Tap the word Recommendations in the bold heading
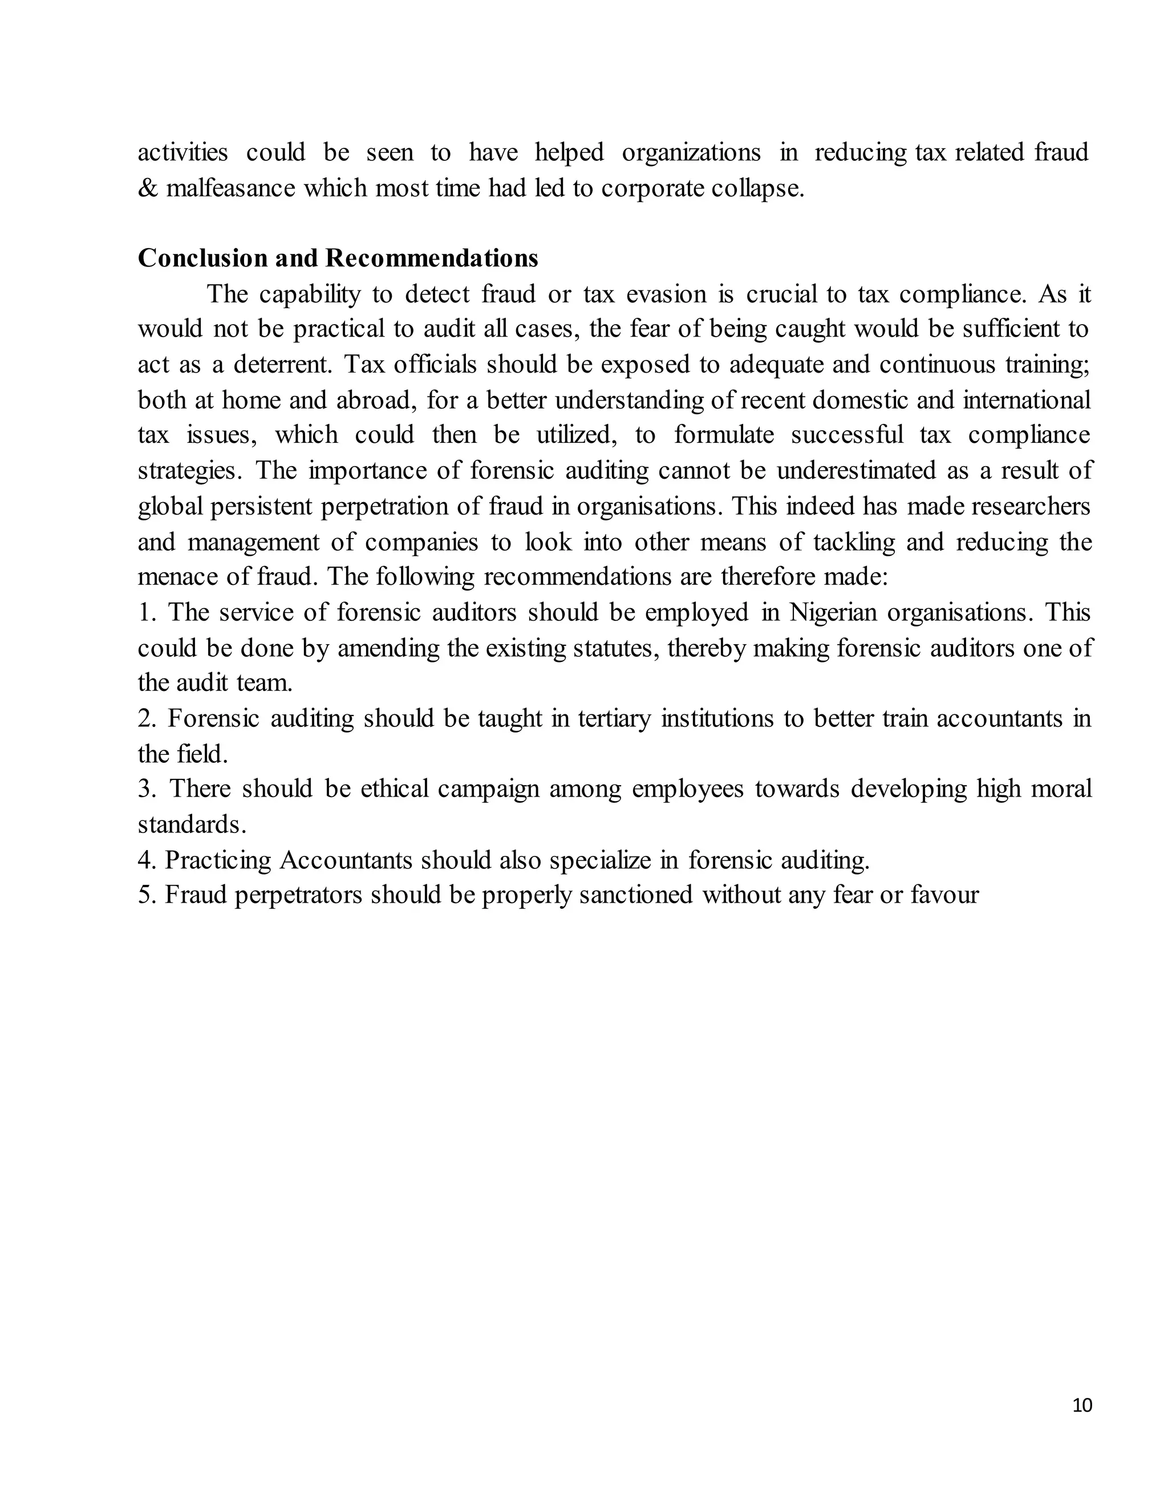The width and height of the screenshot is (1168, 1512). click(x=432, y=258)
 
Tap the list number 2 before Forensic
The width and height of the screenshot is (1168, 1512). click(x=145, y=718)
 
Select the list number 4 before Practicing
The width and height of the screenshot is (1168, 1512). click(x=145, y=860)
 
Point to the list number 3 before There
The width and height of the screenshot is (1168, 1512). click(x=145, y=789)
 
